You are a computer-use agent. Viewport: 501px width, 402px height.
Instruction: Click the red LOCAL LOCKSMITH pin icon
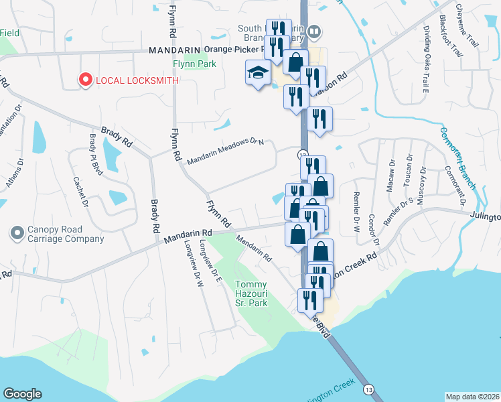pyautogui.click(x=86, y=80)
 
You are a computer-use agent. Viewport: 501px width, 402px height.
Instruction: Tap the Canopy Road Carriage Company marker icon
pyautogui.click(x=17, y=233)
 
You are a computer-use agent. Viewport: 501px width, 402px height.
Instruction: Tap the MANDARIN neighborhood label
pyautogui.click(x=174, y=50)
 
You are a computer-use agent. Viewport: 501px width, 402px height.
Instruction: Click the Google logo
pyautogui.click(x=22, y=394)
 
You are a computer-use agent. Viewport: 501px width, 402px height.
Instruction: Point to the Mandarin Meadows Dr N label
pyautogui.click(x=226, y=151)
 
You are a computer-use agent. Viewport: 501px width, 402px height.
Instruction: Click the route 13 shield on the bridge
pyautogui.click(x=368, y=389)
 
